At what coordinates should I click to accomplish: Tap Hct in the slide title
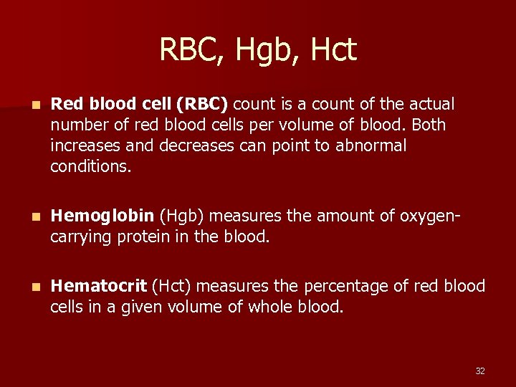tap(333, 50)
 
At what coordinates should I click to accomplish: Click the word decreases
tap(190, 146)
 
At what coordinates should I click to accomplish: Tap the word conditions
tap(91, 167)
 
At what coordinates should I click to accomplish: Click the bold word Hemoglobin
tap(102, 216)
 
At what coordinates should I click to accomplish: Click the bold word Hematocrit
tap(99, 287)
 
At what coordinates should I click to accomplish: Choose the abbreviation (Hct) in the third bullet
tap(171, 287)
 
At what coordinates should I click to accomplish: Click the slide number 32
tap(480, 371)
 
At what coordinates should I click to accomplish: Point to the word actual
tap(432, 105)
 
